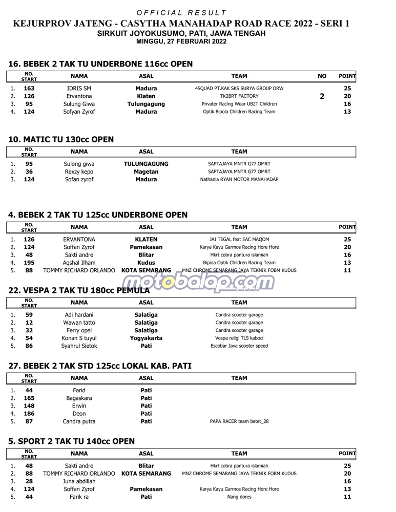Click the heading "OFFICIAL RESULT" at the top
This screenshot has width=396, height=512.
tap(182, 12)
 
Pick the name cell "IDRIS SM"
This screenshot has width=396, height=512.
tap(79, 89)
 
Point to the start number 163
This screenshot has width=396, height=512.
tap(29, 89)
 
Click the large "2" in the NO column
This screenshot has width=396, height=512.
tap(322, 96)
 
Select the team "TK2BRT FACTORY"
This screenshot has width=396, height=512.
tap(239, 96)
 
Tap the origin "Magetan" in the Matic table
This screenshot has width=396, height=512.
tap(146, 172)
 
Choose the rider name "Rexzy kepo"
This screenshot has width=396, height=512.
tap(79, 172)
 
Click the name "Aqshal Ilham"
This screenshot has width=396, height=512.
tap(79, 263)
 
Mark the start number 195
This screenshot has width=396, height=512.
tap(29, 263)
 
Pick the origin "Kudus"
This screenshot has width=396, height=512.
tap(146, 263)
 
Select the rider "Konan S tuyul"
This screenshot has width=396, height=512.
tap(79, 338)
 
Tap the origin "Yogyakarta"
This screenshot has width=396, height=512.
tap(146, 338)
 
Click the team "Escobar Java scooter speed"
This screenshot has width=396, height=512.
tap(239, 346)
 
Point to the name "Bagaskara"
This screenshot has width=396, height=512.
tap(79, 398)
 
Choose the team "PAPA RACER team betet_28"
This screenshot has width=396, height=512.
tap(239, 422)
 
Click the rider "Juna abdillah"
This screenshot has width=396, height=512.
tap(79, 481)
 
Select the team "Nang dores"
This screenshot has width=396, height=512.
tap(239, 497)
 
